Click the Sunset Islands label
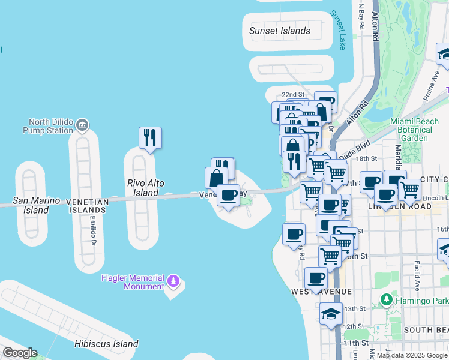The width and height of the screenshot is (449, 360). [x=280, y=31]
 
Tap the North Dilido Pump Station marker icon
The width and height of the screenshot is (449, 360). [x=83, y=125]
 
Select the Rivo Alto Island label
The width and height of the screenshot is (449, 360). [x=146, y=188]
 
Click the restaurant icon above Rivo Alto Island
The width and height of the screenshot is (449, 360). [x=150, y=137]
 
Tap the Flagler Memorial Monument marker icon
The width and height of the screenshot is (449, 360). [x=173, y=280]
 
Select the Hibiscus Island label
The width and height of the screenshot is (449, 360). [x=106, y=344]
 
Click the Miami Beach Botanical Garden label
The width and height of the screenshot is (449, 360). [x=414, y=130]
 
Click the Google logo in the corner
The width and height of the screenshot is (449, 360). [x=19, y=353]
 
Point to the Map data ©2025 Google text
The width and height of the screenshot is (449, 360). [x=412, y=355]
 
